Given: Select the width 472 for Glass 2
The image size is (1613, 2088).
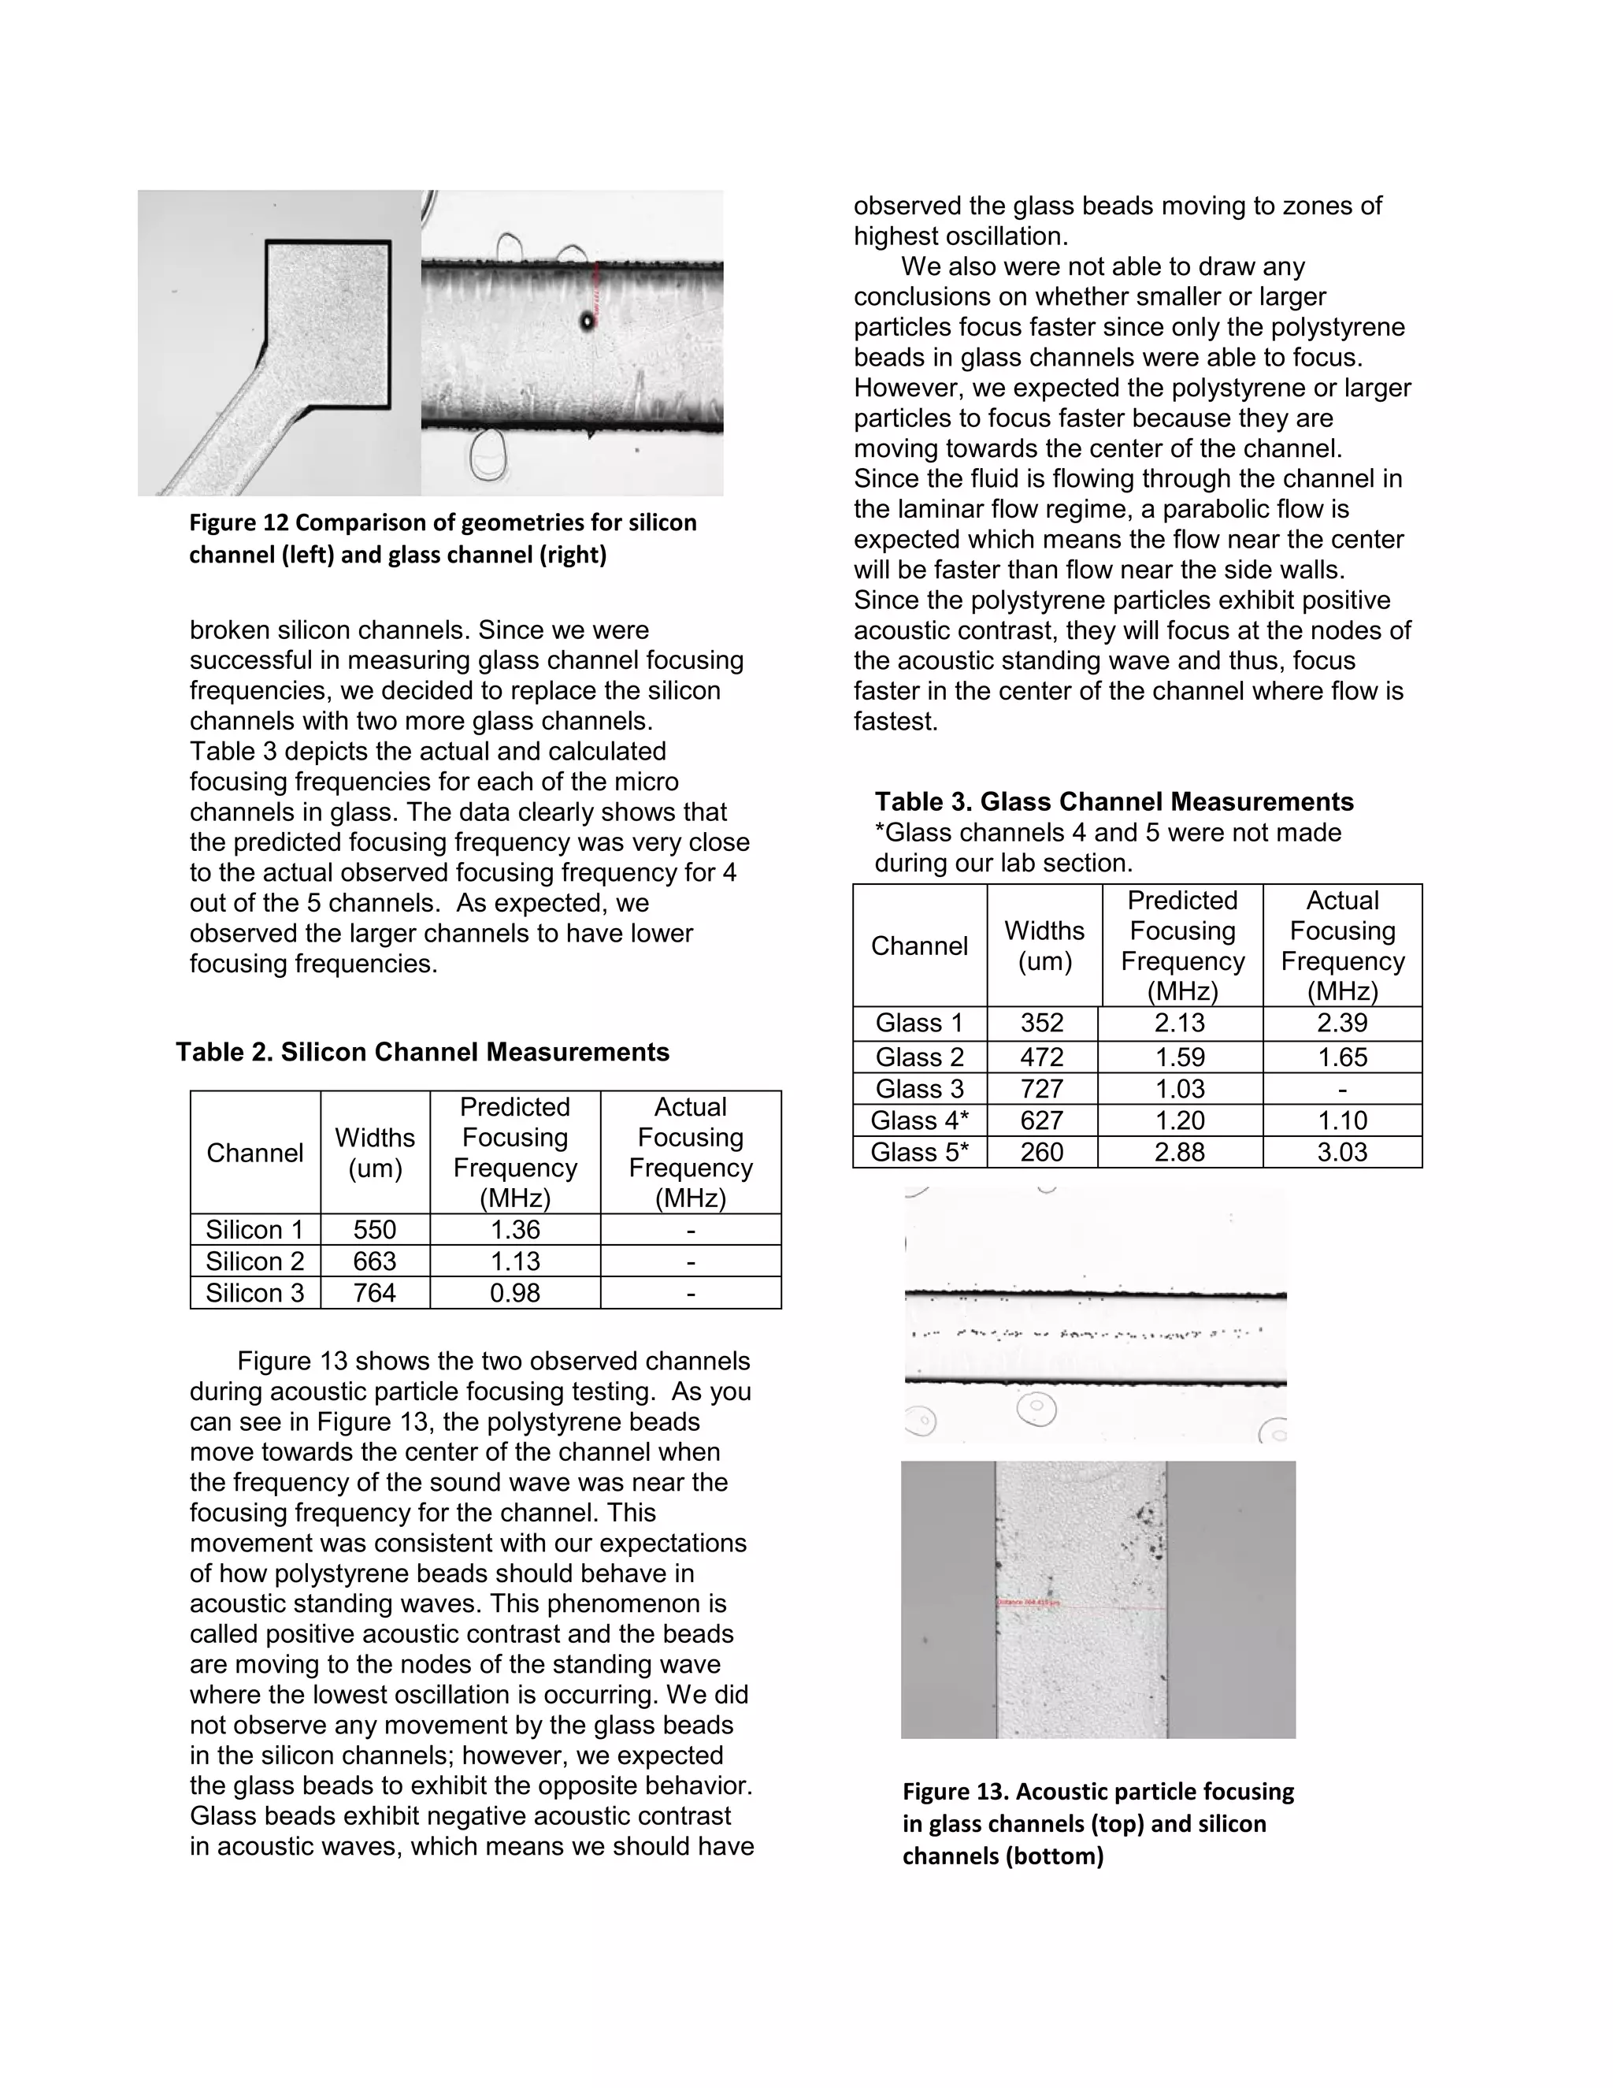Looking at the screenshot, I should tap(1041, 1057).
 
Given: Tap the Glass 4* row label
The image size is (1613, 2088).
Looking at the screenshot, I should tap(919, 1120).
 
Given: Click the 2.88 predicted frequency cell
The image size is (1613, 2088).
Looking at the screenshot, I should tap(1179, 1152).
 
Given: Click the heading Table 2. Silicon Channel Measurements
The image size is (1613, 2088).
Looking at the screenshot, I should tap(422, 1053).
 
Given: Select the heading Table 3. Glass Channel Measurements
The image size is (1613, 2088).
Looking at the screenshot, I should tap(1114, 802).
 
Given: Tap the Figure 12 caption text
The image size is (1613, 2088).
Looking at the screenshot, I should tap(443, 538).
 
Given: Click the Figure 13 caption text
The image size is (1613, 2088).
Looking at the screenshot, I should tap(1097, 1823).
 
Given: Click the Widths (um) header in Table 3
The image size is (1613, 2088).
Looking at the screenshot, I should tap(1044, 946).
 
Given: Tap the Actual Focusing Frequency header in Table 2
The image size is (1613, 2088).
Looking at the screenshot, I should tap(690, 1152).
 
